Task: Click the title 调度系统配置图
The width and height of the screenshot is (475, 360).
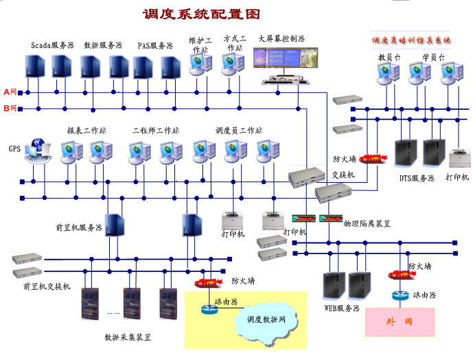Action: point(201,14)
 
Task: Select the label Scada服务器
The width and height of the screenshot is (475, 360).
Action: point(52,45)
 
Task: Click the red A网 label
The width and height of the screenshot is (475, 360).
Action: point(11,91)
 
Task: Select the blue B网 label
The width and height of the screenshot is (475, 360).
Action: point(11,108)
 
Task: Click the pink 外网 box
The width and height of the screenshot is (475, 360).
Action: point(399,322)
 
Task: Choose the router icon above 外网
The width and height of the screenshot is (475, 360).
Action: point(399,295)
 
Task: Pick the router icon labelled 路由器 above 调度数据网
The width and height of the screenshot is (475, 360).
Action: point(209,308)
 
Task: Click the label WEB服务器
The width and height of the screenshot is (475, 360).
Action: point(342,308)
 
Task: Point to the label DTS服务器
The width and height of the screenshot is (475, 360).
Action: point(417,178)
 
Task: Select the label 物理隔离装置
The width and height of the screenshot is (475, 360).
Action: point(367,224)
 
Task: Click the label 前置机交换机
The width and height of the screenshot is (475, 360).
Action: point(47,286)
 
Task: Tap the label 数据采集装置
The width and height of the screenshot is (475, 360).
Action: point(128,337)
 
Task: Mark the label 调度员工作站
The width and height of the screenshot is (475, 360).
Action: point(239,130)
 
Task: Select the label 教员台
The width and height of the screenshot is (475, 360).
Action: point(389,57)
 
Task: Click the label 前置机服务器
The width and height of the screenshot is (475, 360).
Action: point(79,227)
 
